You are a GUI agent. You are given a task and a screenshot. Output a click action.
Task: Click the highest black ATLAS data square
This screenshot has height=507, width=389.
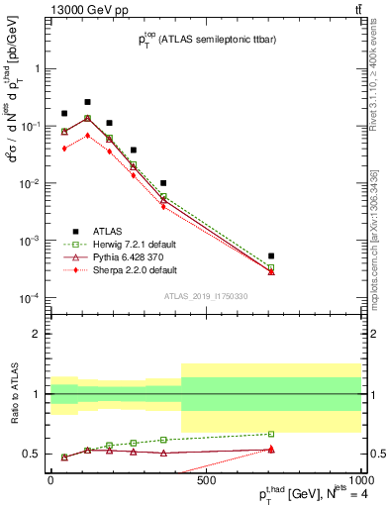pyautogui.click(x=87, y=102)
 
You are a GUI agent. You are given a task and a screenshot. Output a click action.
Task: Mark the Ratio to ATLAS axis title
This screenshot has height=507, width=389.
pyautogui.click(x=14, y=393)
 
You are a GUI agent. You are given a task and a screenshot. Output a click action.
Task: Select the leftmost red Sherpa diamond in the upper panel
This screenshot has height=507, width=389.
pyautogui.click(x=64, y=148)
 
